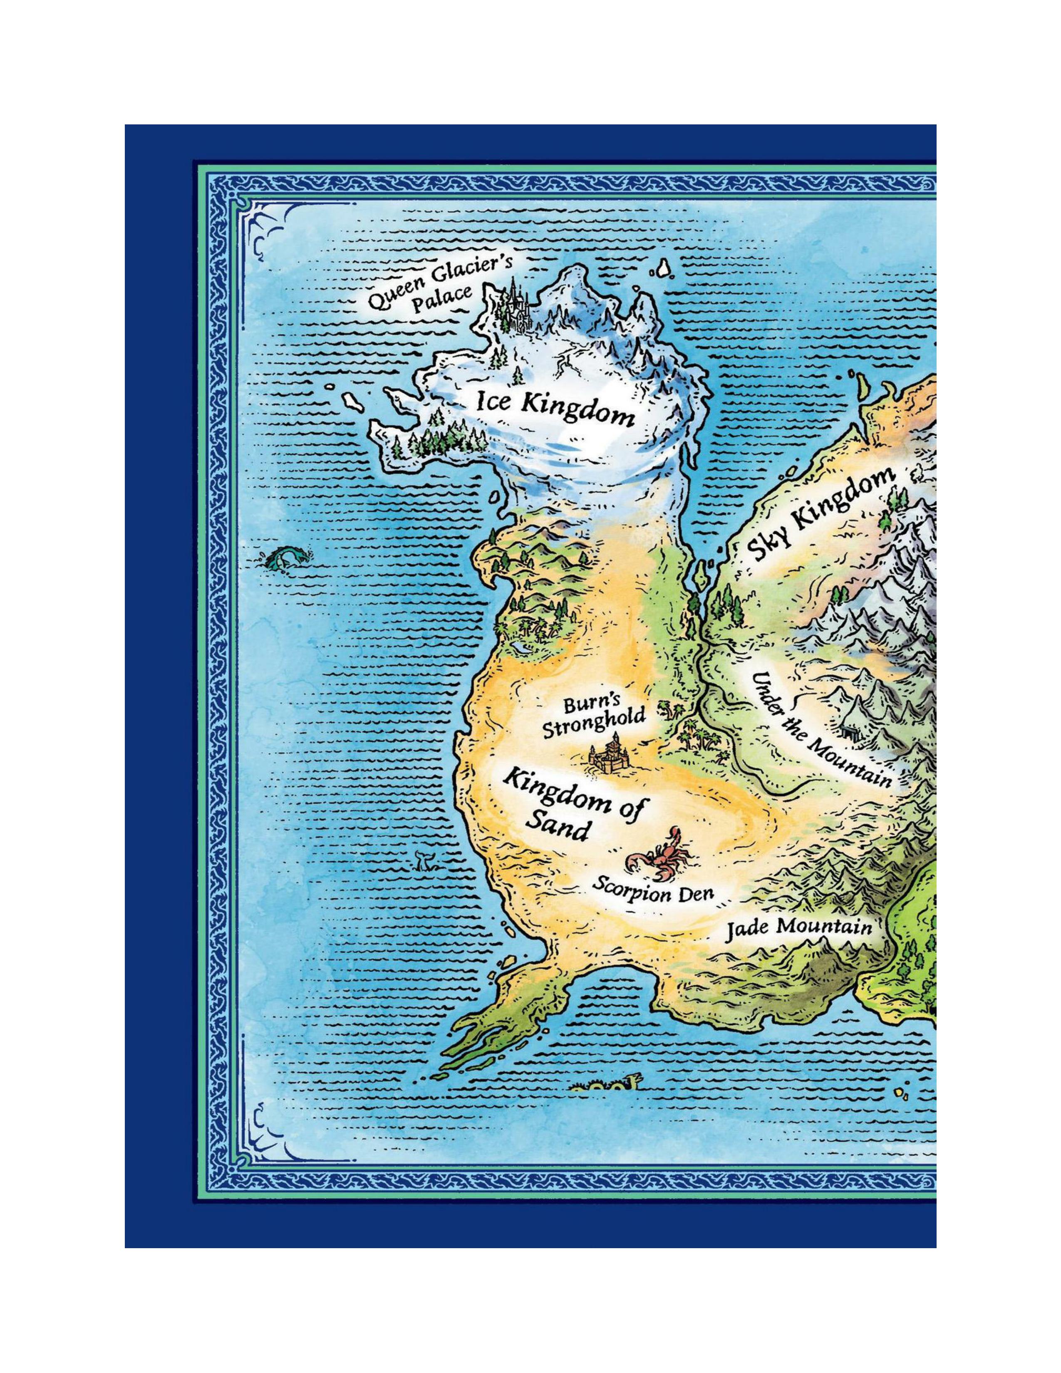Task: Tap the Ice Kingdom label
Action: coord(554,409)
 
